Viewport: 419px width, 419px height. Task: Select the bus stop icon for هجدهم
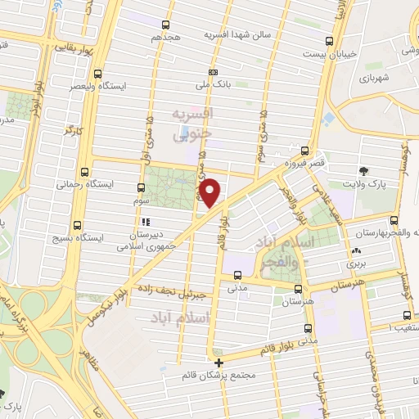tap(166, 25)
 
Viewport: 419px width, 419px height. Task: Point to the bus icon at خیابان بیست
tap(330, 40)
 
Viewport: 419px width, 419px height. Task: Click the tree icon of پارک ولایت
tap(363, 171)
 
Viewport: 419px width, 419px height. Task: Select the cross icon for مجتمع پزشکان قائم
tap(219, 363)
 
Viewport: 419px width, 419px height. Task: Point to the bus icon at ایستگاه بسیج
tap(78, 225)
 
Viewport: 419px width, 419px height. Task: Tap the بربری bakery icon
tap(356, 251)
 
